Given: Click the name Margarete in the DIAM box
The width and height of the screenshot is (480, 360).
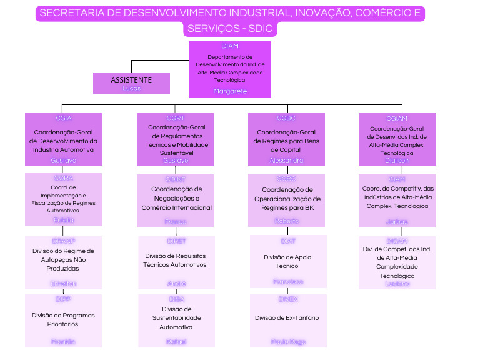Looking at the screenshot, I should coord(230,91).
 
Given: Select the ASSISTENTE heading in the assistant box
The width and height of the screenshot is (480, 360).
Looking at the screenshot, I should coord(131,80).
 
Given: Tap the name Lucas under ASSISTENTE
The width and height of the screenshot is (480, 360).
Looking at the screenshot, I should coord(131,88).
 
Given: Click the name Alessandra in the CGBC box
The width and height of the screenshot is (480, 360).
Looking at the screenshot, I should coord(286,160).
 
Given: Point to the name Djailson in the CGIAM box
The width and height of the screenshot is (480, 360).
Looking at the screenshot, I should coord(397,160).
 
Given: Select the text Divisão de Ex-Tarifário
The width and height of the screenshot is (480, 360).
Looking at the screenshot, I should coord(286,318).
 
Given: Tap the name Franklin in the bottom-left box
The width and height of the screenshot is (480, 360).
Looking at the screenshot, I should coord(63,341).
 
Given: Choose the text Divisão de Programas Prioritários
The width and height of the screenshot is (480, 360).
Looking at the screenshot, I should coord(63,320).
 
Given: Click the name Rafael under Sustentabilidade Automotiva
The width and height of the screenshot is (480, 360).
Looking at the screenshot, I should coord(176,342).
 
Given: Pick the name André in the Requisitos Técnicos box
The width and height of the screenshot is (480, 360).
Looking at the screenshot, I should coord(176,283).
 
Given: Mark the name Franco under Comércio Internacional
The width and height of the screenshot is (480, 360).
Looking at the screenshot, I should coord(176,221).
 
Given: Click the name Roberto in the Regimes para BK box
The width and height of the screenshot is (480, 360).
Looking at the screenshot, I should coord(286,221).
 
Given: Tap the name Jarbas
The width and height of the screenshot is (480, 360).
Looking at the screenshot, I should coord(397,221).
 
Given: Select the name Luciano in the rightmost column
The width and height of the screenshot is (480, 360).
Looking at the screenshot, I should coord(397,284).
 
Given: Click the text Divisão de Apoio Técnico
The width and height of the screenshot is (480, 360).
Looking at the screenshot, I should coord(288,261).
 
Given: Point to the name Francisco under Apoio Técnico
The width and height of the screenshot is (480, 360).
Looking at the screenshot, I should coord(288,282).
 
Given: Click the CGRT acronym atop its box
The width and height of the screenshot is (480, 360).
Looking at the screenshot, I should coord(176,118).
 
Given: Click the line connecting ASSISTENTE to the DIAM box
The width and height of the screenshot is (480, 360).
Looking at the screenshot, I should coord(159,61).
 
